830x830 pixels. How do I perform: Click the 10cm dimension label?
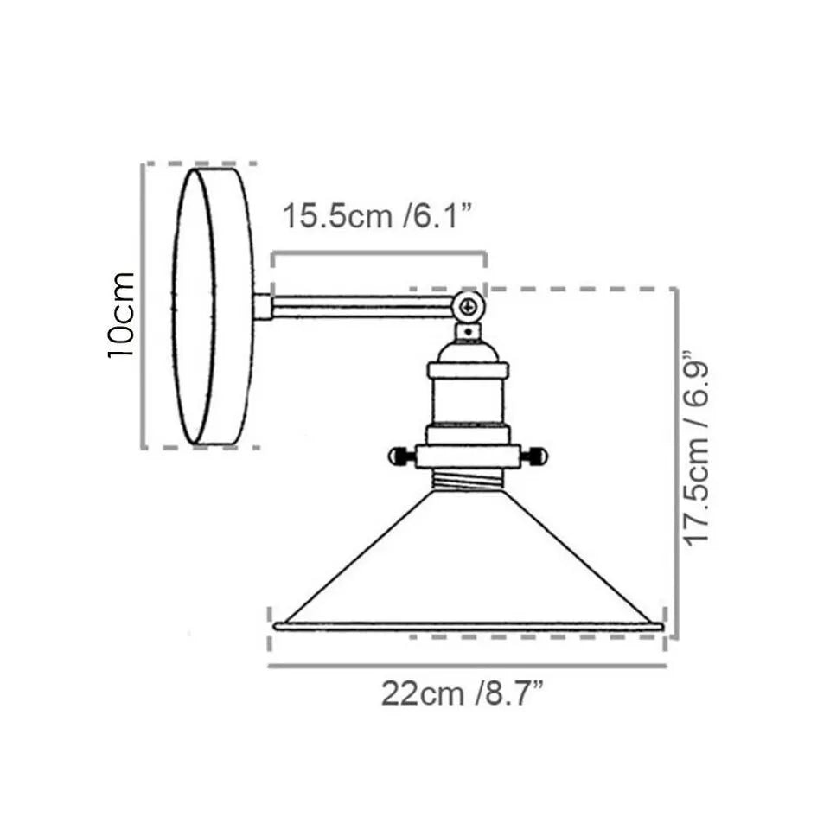pyautogui.click(x=121, y=316)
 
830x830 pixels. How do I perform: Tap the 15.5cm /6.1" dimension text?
pyautogui.click(x=377, y=216)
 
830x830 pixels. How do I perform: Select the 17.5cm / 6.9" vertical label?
pyautogui.click(x=695, y=448)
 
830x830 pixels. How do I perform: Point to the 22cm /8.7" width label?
pyautogui.click(x=462, y=693)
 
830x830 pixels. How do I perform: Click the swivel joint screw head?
pyautogui.click(x=468, y=306)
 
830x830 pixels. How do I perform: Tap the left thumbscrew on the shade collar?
pyautogui.click(x=402, y=456)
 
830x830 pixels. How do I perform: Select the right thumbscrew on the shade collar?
pyautogui.click(x=533, y=456)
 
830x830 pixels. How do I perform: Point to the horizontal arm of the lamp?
pyautogui.click(x=363, y=306)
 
